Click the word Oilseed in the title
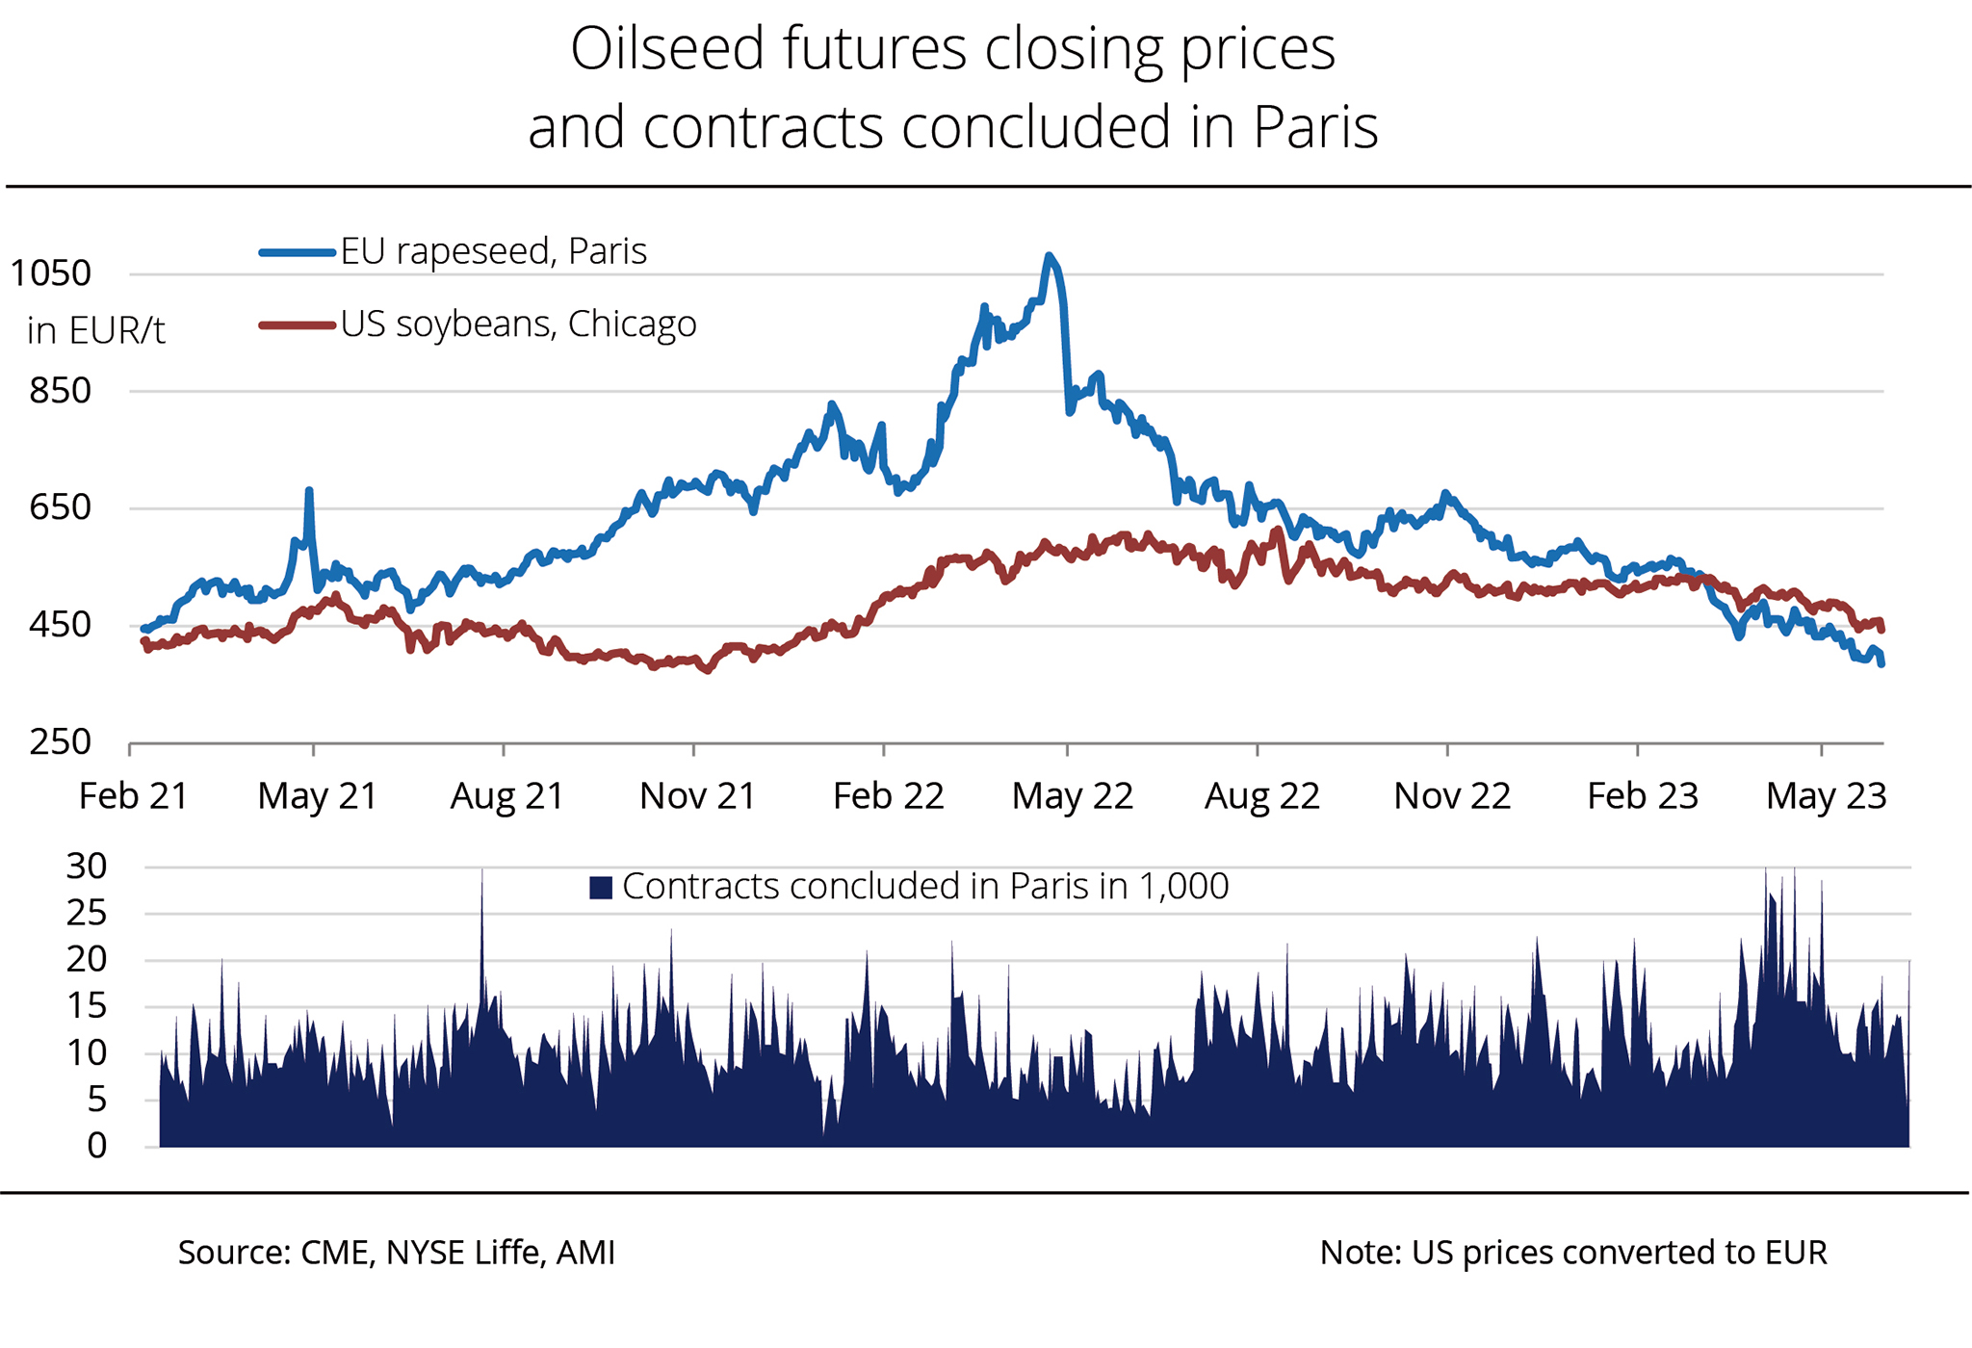pos(670,49)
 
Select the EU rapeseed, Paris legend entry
pos(493,251)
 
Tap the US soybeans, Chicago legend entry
pos(518,324)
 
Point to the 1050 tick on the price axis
pos(51,273)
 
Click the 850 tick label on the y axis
pos(60,391)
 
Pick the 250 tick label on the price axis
pos(60,742)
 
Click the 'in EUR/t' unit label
pos(95,331)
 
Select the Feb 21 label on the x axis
pos(133,796)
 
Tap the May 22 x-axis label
pos(1072,796)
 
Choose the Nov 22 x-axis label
pos(1452,796)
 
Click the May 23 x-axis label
pos(1826,796)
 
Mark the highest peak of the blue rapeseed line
pos(1050,256)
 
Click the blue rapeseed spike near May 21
pos(309,491)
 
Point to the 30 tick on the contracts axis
pos(87,867)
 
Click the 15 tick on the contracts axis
pos(87,1006)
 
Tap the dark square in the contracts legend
pos(601,888)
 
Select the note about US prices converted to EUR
pos(1572,1253)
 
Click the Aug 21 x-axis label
pos(507,796)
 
